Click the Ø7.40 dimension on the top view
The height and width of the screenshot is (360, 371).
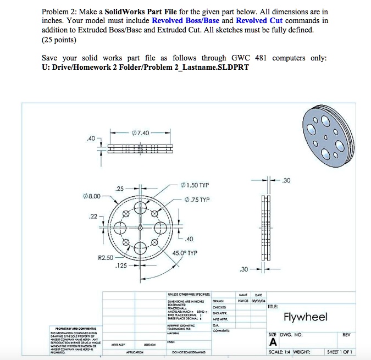[140, 132]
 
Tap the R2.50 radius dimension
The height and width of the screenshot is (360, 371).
[106, 257]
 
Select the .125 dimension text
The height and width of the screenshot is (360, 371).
[121, 265]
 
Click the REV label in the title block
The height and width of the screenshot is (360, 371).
[346, 334]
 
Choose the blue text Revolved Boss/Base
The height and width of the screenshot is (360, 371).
[185, 20]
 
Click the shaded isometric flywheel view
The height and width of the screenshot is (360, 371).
[325, 134]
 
